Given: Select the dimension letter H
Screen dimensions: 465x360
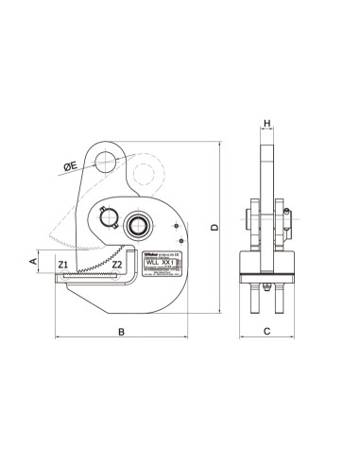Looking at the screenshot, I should pyautogui.click(x=267, y=124).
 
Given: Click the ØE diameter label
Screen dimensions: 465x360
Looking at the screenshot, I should pyautogui.click(x=71, y=166).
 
